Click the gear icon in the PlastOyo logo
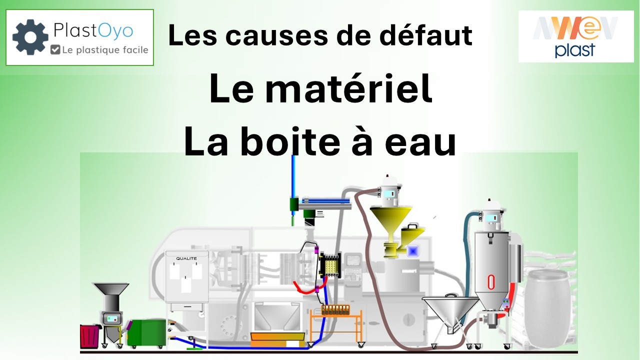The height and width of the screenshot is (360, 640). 30,37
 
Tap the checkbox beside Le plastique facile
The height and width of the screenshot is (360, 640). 55,49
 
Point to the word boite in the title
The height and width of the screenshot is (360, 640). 290,141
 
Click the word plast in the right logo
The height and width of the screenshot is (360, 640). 575,50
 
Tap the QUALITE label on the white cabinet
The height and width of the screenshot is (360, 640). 186,258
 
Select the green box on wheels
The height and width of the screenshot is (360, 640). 146,332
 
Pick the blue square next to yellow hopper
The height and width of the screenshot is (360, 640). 412,251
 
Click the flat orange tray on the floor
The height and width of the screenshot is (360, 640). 277,339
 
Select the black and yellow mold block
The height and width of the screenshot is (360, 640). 330,265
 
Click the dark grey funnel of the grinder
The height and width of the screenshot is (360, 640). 111,288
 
